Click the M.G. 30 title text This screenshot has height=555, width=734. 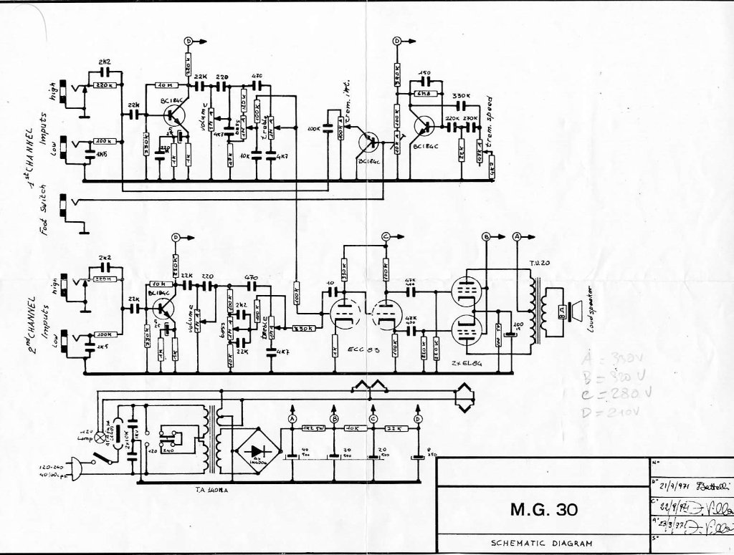(x=541, y=510)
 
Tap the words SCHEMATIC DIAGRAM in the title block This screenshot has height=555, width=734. (x=541, y=543)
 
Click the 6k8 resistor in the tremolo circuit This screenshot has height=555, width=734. (x=424, y=92)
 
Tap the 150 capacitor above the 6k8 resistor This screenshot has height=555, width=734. (x=424, y=74)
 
